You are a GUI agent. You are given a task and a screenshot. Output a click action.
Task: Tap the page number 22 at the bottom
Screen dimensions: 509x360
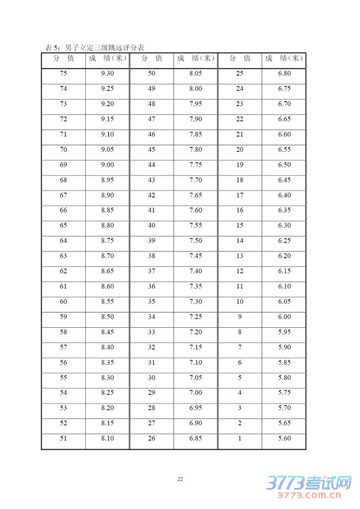coord(180,479)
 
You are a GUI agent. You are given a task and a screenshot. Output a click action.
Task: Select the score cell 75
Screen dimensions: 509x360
coord(63,74)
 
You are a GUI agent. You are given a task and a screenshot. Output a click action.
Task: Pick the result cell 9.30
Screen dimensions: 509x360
coord(107,74)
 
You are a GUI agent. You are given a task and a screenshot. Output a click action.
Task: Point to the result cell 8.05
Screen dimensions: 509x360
coord(196,74)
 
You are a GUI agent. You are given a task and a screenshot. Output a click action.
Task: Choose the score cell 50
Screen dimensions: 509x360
coord(151,74)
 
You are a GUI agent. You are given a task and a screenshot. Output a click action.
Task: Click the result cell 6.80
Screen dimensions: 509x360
coord(284,74)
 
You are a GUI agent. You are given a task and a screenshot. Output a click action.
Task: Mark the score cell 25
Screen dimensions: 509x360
coord(240,74)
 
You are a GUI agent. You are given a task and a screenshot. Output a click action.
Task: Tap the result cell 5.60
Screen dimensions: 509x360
coord(284,439)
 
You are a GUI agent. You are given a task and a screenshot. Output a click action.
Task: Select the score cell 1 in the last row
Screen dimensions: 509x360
coord(240,439)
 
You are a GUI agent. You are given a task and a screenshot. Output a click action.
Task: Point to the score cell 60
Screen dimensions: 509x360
coord(63,301)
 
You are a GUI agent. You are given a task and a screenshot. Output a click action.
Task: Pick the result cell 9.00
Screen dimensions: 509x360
coord(107,165)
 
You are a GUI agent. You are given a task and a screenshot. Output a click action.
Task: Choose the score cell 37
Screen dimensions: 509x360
coord(151,271)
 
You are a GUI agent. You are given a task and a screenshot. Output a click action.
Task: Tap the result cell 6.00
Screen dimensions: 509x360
coord(284,317)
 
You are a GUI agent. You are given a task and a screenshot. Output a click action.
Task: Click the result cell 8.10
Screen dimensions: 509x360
coord(107,439)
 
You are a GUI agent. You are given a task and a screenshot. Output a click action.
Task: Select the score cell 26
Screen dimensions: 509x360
coord(151,439)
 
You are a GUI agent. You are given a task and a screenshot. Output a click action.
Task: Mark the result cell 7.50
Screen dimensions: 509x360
coord(196,241)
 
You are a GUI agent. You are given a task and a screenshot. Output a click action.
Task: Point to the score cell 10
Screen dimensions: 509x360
coord(240,301)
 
